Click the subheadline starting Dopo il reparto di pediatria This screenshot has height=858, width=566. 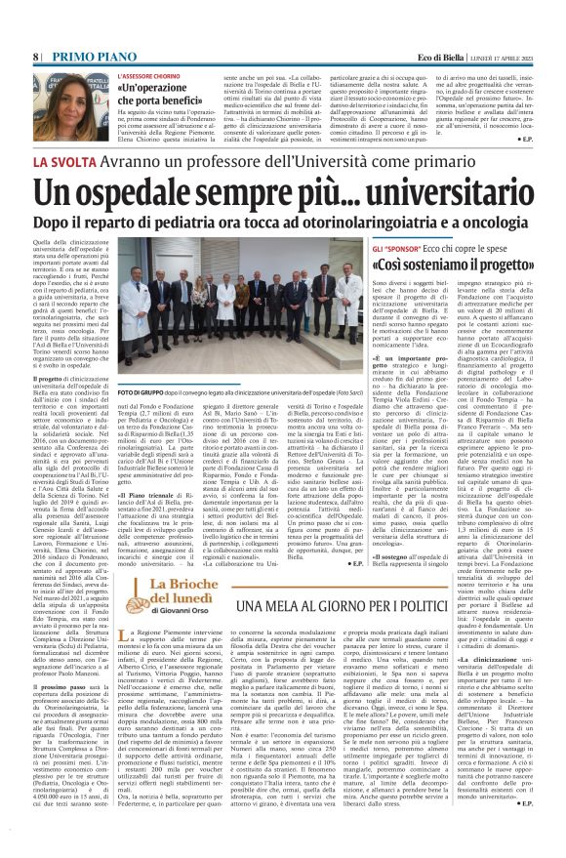[x=282, y=224]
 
